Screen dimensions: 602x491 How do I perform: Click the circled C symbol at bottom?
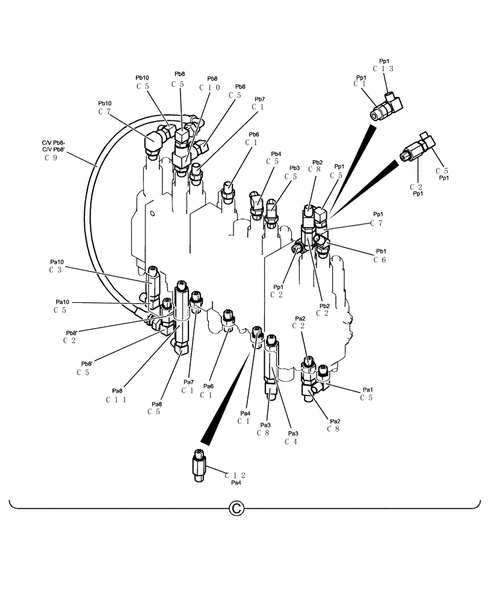point(236,509)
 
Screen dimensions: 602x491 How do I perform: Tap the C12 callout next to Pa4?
point(236,475)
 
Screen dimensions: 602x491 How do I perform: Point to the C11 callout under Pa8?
point(116,399)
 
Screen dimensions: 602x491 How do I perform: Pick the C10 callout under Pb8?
point(209,87)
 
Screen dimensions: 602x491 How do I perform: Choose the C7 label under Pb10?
point(105,111)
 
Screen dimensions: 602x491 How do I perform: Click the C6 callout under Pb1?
point(379,259)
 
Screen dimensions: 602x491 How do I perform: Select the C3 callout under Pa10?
point(56,270)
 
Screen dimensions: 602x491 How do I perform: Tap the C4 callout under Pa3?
point(292,441)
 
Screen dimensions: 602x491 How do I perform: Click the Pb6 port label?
point(253,134)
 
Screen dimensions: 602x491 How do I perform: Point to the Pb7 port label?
point(259,99)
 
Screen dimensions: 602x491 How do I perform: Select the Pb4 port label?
point(276,154)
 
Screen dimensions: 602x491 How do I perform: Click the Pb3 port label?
point(294,168)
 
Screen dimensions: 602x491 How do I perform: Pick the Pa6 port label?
point(208,386)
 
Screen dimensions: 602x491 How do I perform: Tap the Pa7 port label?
point(188,382)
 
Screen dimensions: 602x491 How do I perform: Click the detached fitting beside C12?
point(199,466)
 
